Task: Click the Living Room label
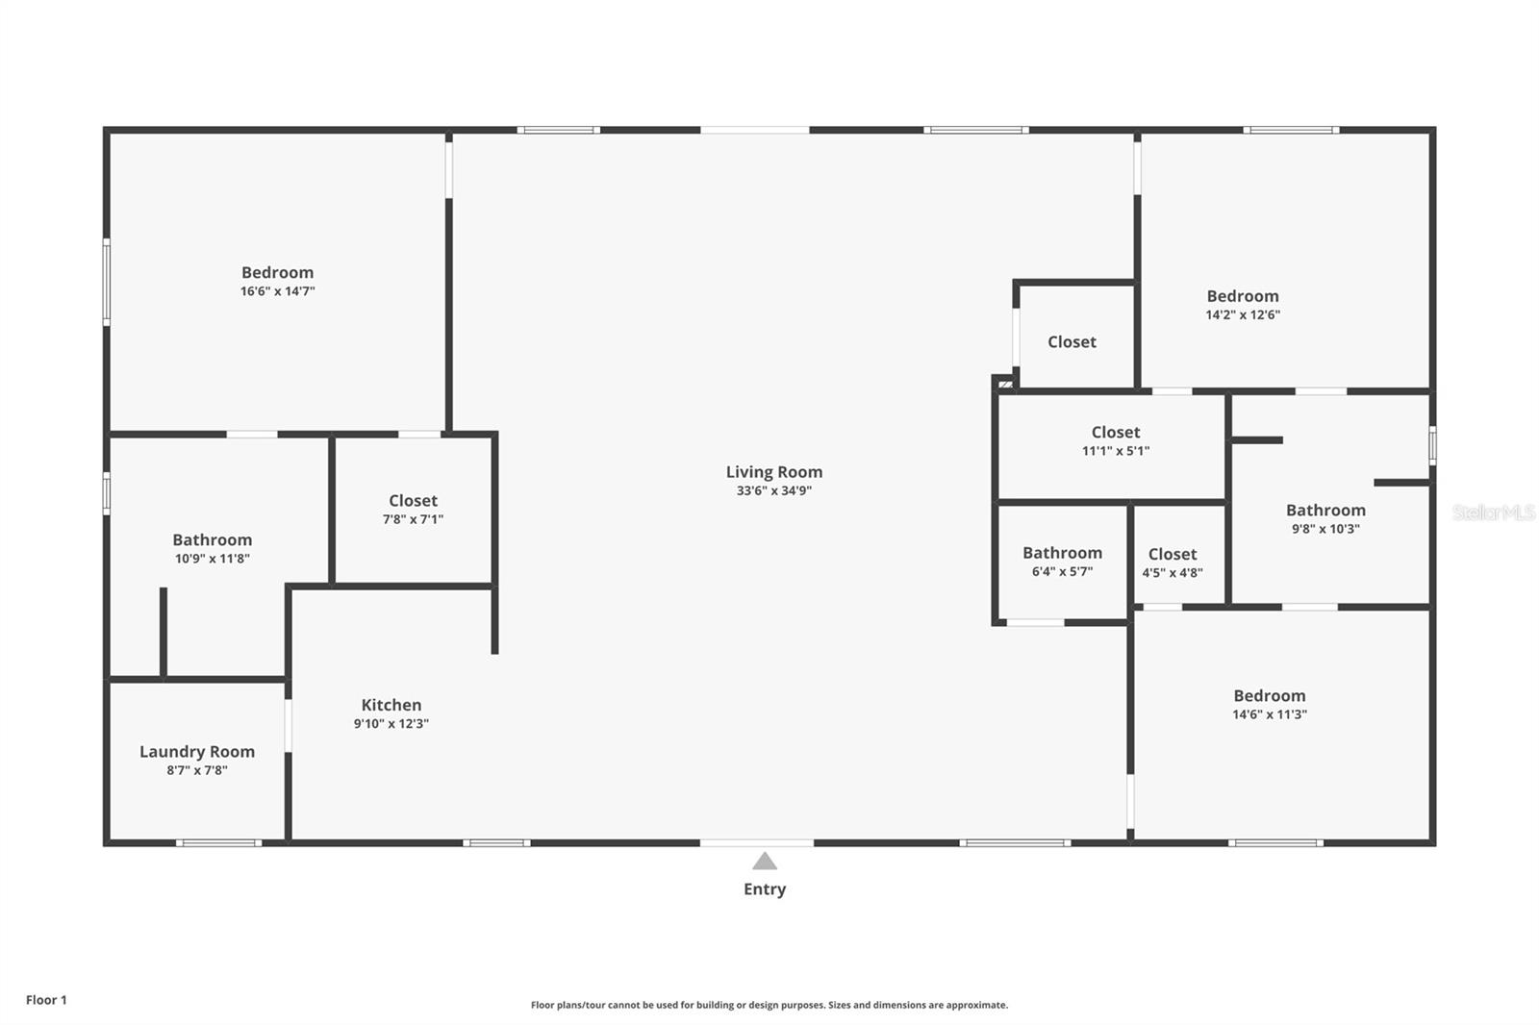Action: click(x=774, y=472)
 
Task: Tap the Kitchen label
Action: click(x=391, y=705)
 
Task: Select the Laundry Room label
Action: click(x=197, y=752)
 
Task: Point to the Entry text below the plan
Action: click(x=765, y=889)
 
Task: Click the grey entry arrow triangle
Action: click(x=765, y=862)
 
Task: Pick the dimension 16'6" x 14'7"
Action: click(x=278, y=291)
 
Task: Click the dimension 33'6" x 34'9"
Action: click(x=774, y=490)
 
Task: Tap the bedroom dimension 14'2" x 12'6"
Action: click(x=1243, y=314)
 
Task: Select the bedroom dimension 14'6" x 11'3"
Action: click(x=1270, y=714)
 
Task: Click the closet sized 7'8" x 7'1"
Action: click(x=413, y=510)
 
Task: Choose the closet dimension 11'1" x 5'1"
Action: click(x=1116, y=451)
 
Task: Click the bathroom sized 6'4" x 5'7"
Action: click(x=1062, y=562)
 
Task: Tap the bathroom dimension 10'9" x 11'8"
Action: click(x=213, y=559)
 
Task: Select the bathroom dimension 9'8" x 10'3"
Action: click(x=1326, y=529)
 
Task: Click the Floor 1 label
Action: click(x=47, y=1000)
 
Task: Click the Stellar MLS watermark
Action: click(x=1494, y=512)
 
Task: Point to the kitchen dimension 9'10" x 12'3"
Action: click(x=391, y=723)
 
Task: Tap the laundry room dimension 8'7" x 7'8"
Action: click(x=197, y=770)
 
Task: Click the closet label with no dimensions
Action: click(x=1072, y=342)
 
